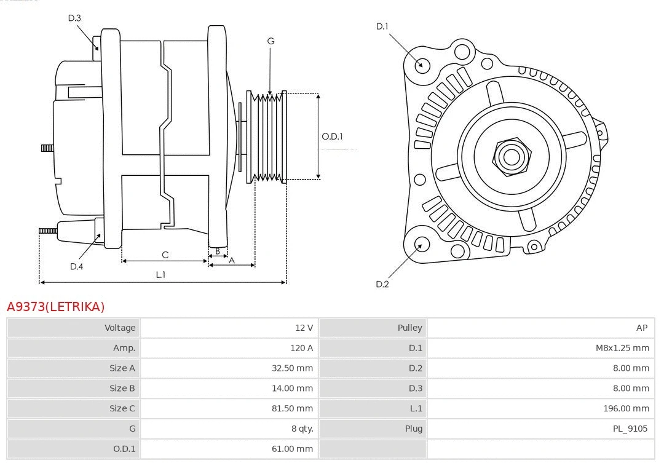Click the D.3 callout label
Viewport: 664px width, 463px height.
(x=74, y=18)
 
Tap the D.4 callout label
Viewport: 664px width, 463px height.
(x=76, y=266)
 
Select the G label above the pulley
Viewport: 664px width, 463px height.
(x=271, y=41)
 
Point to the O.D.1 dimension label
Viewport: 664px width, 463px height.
(x=332, y=137)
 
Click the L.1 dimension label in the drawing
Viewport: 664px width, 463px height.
(x=160, y=275)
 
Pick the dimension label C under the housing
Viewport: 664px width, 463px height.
(x=165, y=255)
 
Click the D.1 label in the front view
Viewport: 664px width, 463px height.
(x=382, y=26)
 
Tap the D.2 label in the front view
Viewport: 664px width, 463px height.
(x=382, y=284)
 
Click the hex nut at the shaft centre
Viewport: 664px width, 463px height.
(x=511, y=156)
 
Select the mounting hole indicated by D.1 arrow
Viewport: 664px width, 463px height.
(x=422, y=65)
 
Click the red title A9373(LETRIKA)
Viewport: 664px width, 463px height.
(x=56, y=306)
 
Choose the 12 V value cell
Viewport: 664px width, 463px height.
(x=304, y=328)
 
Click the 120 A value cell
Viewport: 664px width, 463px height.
(x=301, y=348)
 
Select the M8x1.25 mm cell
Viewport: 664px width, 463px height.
(x=622, y=348)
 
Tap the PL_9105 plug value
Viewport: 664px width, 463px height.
(x=630, y=429)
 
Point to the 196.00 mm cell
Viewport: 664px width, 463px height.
(x=626, y=408)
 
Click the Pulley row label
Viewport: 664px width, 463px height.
(x=409, y=328)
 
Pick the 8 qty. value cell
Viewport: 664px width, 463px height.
(x=300, y=429)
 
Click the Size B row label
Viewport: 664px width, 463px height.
(x=122, y=388)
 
